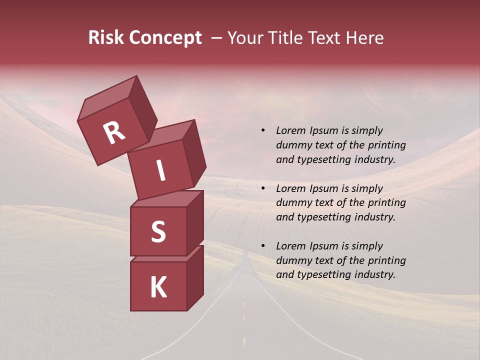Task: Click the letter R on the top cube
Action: tap(114, 132)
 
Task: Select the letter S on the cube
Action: tap(158, 231)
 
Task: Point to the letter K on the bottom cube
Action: tap(158, 287)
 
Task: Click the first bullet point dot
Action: tap(263, 130)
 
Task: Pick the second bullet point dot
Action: tap(263, 188)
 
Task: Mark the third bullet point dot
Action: tap(263, 246)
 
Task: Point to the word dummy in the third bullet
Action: tap(292, 260)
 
